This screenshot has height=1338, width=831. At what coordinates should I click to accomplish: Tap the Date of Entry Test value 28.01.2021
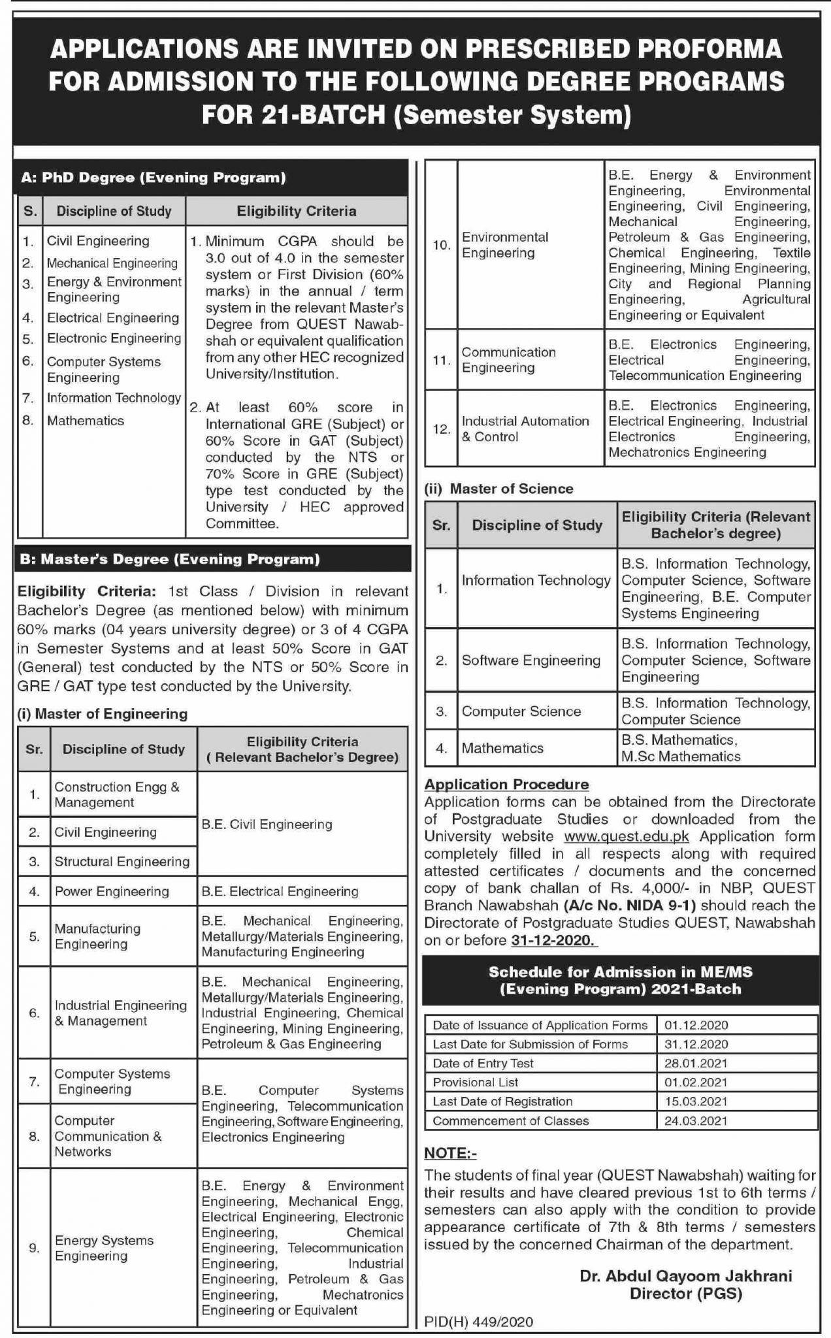[696, 1063]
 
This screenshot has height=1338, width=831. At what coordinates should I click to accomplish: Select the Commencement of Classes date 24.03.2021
[696, 1120]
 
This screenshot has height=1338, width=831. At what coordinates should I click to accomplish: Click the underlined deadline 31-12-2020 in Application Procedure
[551, 940]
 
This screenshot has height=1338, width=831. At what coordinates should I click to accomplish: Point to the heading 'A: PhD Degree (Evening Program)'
[154, 178]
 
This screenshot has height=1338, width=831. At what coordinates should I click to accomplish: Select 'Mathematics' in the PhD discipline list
[86, 421]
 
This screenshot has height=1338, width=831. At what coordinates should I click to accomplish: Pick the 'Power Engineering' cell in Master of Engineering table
[112, 891]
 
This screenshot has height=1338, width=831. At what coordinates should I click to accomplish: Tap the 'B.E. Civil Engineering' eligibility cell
[267, 824]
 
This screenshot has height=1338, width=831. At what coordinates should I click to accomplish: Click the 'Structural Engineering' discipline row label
[122, 861]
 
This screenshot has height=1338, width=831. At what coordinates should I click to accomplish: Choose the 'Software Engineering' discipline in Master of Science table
[530, 661]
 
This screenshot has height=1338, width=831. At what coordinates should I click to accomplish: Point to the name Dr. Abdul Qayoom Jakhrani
[685, 1276]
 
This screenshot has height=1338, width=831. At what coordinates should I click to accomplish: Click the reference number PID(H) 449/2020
[478, 1322]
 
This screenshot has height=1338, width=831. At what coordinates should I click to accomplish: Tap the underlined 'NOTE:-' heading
[450, 1153]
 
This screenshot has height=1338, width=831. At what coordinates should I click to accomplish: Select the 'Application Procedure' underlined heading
[506, 784]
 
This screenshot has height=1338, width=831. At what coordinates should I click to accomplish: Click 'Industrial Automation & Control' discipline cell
[525, 429]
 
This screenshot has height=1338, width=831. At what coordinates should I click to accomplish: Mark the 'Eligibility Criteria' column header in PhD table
[296, 211]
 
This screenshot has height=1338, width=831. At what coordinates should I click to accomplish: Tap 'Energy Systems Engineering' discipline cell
[104, 1248]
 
